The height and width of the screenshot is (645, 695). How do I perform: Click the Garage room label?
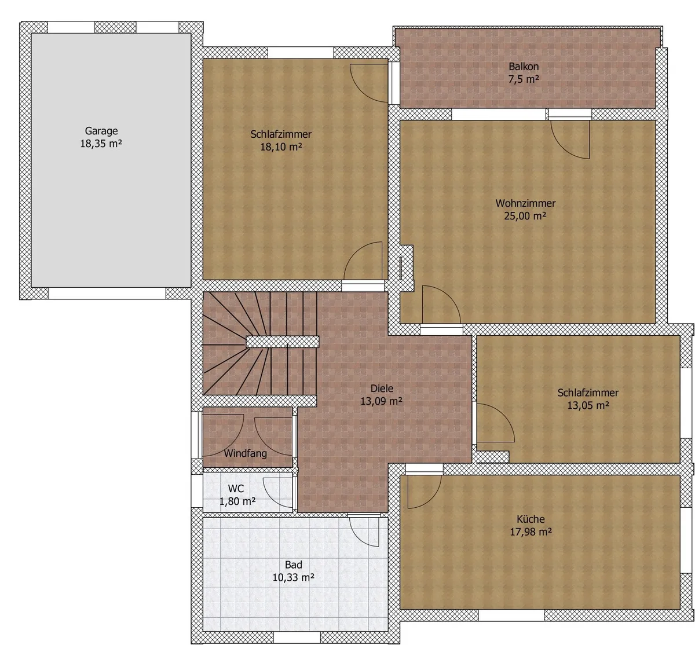tap(101, 131)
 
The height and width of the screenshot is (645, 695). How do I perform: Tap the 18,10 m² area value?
tap(281, 146)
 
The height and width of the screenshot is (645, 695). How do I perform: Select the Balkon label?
tap(524, 66)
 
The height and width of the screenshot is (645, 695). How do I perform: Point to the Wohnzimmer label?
tap(525, 203)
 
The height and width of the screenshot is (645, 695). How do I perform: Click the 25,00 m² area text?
tap(525, 216)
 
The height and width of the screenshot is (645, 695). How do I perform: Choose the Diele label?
tap(382, 388)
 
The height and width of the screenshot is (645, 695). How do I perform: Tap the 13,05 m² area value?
tap(588, 405)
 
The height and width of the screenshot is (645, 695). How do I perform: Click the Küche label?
tap(531, 519)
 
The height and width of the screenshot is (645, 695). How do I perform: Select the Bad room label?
tap(293, 565)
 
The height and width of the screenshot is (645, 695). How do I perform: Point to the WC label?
tap(236, 488)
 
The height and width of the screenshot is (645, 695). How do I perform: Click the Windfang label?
tap(246, 453)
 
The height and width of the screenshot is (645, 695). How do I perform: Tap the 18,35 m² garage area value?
tap(101, 144)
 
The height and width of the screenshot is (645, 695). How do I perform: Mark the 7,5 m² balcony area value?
tap(524, 79)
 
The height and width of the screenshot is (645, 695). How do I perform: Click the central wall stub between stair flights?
tap(283, 342)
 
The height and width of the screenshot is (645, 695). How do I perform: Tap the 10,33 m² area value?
tap(293, 577)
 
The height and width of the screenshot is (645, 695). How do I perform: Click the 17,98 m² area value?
tap(531, 532)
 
